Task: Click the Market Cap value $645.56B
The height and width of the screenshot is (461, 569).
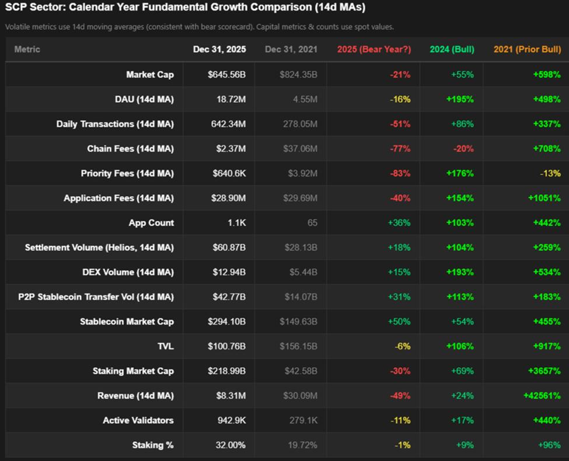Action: click(227, 75)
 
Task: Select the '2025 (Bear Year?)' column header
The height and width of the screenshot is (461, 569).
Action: click(373, 50)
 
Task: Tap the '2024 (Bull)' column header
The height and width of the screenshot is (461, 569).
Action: click(452, 50)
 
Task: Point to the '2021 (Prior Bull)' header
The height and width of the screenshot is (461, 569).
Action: click(527, 50)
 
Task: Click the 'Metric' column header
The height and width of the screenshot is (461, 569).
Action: click(27, 50)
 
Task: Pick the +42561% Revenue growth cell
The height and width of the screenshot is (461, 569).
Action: click(542, 396)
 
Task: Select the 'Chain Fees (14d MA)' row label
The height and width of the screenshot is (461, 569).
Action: click(130, 149)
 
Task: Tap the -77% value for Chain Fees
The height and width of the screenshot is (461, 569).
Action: click(400, 149)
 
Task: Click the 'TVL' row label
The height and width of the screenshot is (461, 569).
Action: click(166, 346)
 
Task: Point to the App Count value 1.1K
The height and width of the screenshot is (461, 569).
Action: click(236, 223)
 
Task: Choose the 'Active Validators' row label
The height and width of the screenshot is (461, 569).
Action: click(138, 420)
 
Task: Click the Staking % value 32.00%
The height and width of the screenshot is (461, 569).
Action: click(231, 445)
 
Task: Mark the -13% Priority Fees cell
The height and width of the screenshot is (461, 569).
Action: click(550, 173)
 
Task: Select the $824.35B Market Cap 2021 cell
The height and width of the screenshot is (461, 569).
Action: click(298, 75)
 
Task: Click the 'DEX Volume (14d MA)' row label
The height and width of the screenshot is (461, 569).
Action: click(128, 273)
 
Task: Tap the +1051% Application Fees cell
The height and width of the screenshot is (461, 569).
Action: click(544, 198)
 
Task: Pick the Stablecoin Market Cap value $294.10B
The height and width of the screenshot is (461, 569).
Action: click(227, 322)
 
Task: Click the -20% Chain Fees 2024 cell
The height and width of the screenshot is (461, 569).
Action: click(463, 149)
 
